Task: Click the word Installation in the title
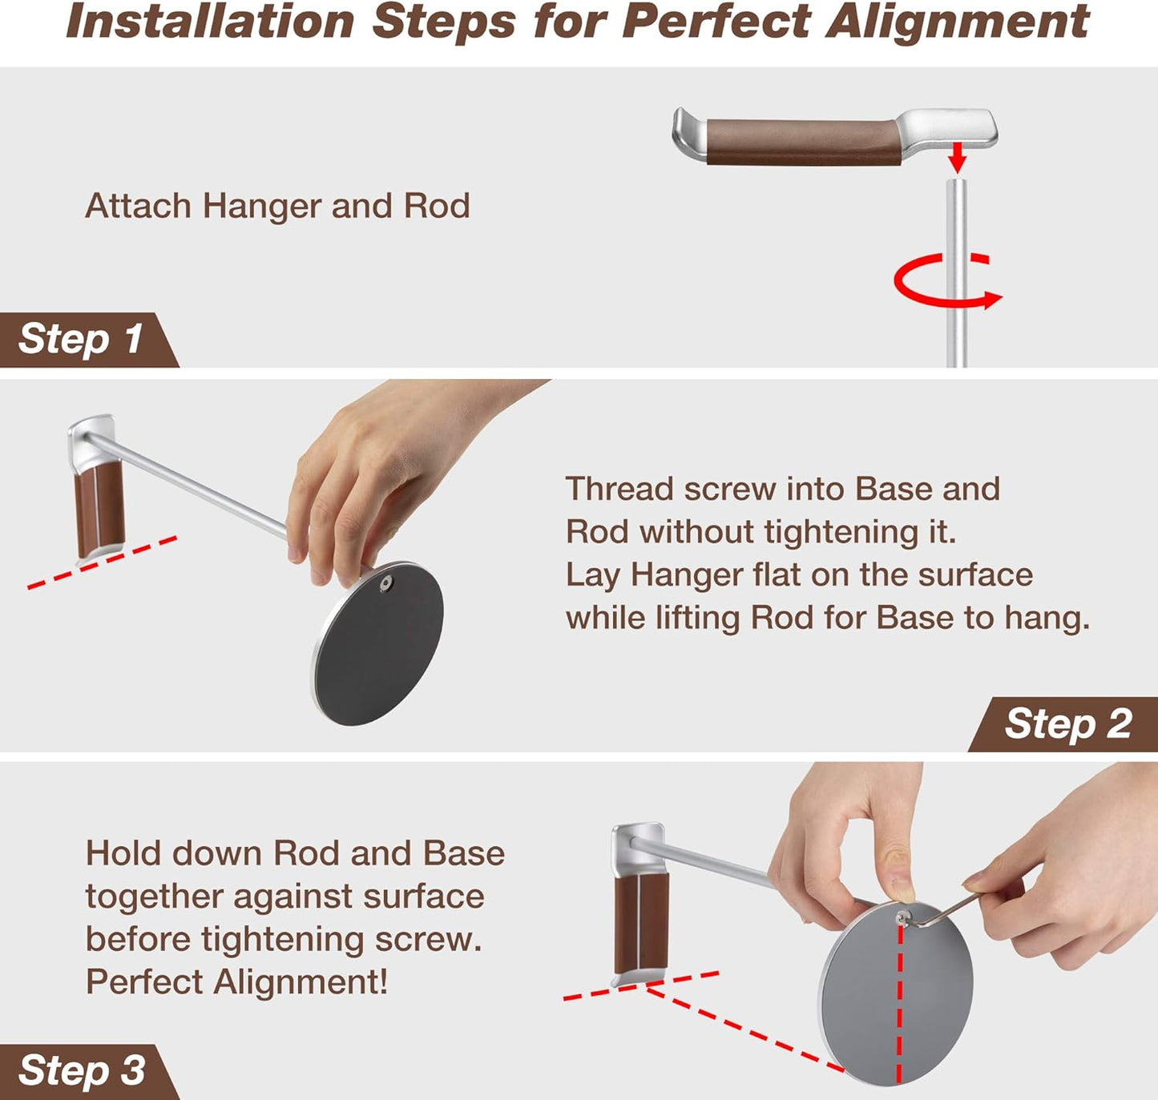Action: [x=210, y=22]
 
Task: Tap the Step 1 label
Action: [x=80, y=339]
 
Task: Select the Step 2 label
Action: [x=1067, y=724]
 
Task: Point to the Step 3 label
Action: [x=81, y=1071]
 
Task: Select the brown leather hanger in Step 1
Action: [x=801, y=141]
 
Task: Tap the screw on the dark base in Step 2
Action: [x=385, y=584]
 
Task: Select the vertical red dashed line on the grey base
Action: [x=900, y=1009]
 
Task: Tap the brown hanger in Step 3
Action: [x=641, y=921]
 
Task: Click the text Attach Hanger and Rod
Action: [x=277, y=207]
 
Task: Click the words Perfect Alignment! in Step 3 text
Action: [x=237, y=982]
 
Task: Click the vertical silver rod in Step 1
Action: [x=956, y=240]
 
